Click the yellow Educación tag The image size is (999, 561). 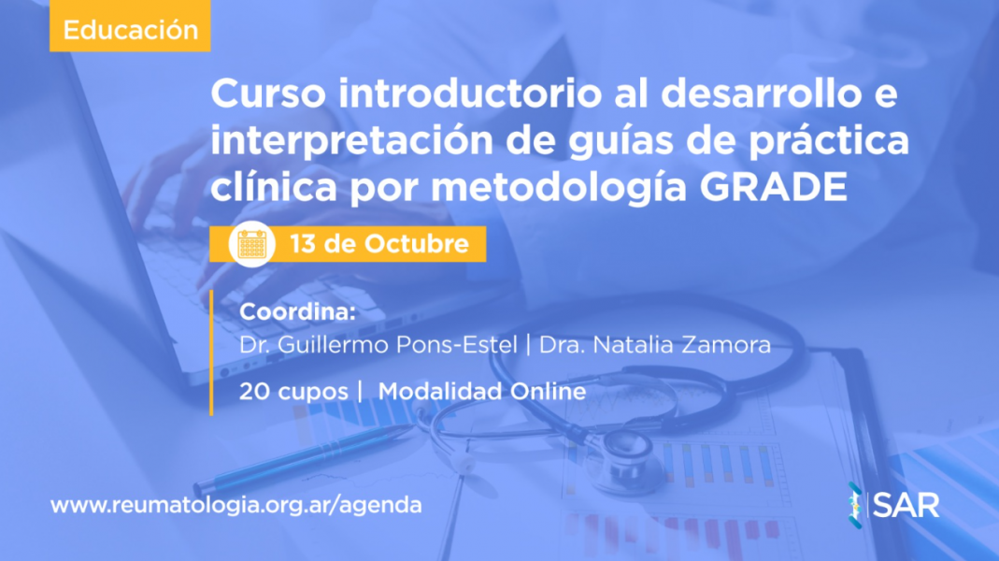(130, 25)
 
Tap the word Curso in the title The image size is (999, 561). (268, 93)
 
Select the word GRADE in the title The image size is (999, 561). (774, 187)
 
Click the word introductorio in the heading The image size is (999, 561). (470, 93)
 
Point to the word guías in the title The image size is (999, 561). (621, 141)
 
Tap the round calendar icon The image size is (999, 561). (251, 244)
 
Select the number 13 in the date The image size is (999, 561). (303, 243)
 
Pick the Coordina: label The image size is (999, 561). (297, 311)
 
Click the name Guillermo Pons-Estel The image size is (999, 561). (397, 345)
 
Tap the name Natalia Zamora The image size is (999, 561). (681, 345)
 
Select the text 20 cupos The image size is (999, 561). (293, 392)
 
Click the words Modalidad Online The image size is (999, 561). (482, 391)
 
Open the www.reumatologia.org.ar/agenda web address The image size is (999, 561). (235, 505)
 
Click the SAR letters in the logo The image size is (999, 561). (906, 506)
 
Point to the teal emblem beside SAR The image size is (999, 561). (856, 505)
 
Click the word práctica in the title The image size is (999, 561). (829, 141)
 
